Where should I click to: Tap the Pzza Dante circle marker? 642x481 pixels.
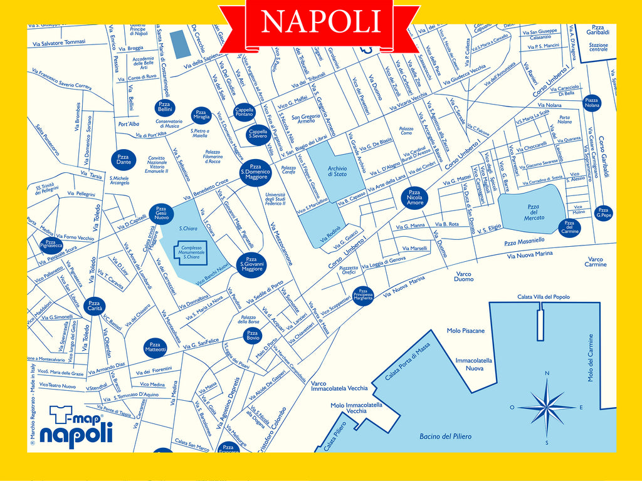click(124, 160)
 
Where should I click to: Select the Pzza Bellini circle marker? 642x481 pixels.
click(164, 106)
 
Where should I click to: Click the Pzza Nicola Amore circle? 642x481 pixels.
click(414, 198)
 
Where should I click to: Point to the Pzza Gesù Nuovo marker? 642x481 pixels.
click(161, 213)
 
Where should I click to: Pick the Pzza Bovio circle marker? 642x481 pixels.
click(252, 336)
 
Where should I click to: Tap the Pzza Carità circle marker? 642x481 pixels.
click(94, 306)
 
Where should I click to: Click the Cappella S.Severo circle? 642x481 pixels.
click(258, 133)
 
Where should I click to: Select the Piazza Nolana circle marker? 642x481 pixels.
click(591, 103)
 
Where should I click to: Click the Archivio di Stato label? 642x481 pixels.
click(337, 171)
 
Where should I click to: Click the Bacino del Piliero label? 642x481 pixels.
click(445, 436)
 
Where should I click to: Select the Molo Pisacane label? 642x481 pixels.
click(466, 331)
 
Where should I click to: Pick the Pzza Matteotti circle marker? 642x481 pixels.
click(155, 346)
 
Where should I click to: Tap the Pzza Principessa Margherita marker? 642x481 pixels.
click(363, 295)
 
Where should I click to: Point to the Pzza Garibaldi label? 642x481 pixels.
click(598, 30)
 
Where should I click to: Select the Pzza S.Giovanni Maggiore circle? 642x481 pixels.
click(251, 264)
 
